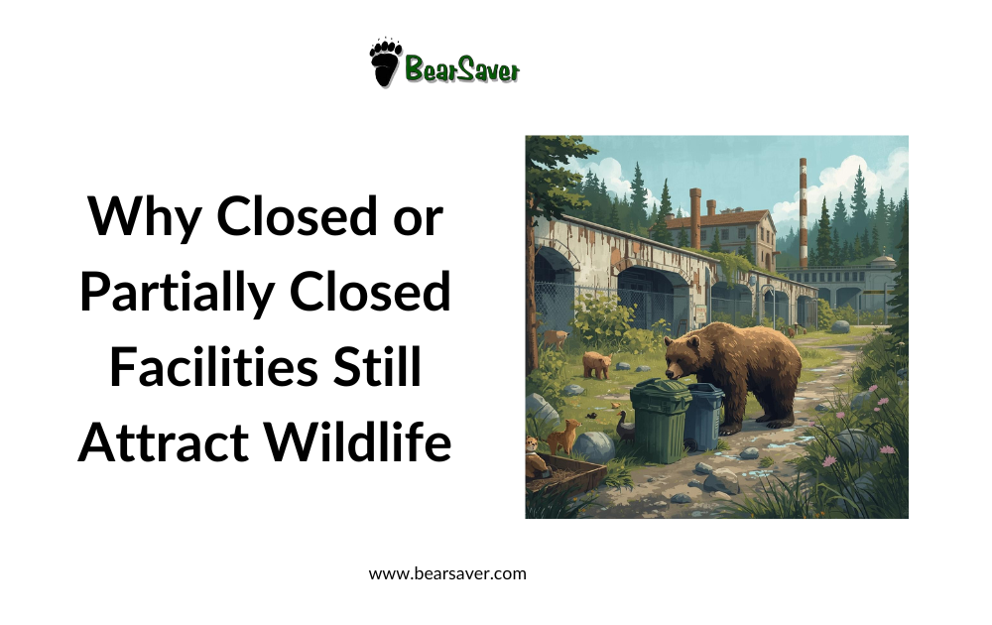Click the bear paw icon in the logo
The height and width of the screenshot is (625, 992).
tap(385, 62)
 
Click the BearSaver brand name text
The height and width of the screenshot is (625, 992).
tap(461, 68)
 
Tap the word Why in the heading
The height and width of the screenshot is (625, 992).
tap(143, 216)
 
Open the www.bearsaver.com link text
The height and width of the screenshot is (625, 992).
tap(447, 573)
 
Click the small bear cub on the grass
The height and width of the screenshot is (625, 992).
tap(596, 364)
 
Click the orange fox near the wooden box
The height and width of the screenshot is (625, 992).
tap(561, 436)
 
